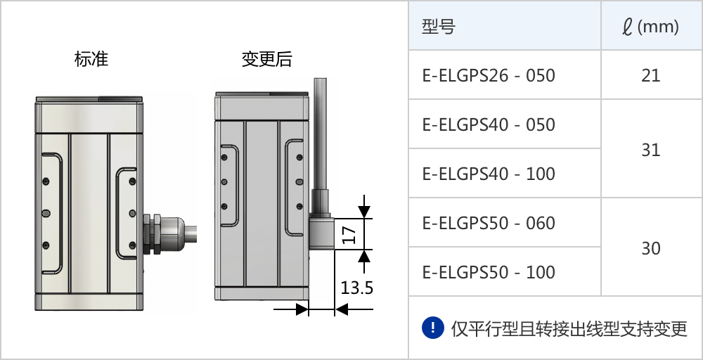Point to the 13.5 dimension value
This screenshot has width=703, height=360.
[356, 288]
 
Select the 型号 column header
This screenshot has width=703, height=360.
[439, 27]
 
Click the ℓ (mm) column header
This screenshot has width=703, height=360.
[650, 27]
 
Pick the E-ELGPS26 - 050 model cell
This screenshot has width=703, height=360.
[489, 75]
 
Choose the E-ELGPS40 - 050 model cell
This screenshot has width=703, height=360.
[489, 124]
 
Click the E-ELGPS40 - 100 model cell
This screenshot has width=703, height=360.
[489, 174]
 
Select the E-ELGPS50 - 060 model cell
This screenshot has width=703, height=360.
[489, 223]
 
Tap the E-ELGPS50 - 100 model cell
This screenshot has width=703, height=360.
[489, 272]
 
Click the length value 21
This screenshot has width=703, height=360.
[650, 75]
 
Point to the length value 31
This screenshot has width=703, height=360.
[650, 150]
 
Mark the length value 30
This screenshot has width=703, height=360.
[650, 248]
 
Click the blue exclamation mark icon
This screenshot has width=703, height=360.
[433, 327]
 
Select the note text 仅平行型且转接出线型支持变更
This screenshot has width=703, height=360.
[569, 328]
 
